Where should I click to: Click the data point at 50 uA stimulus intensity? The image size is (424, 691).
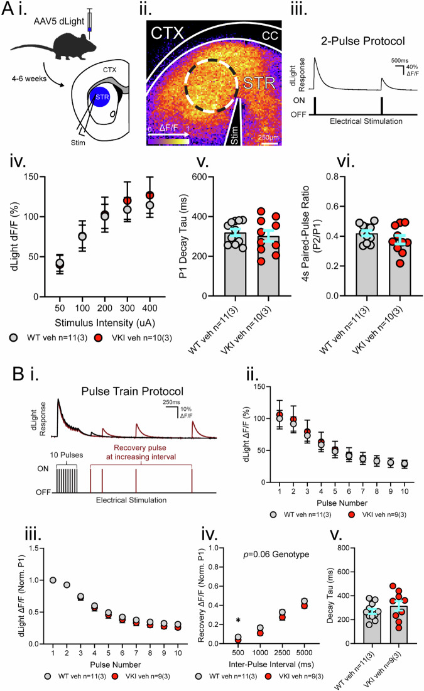tap(60, 263)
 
